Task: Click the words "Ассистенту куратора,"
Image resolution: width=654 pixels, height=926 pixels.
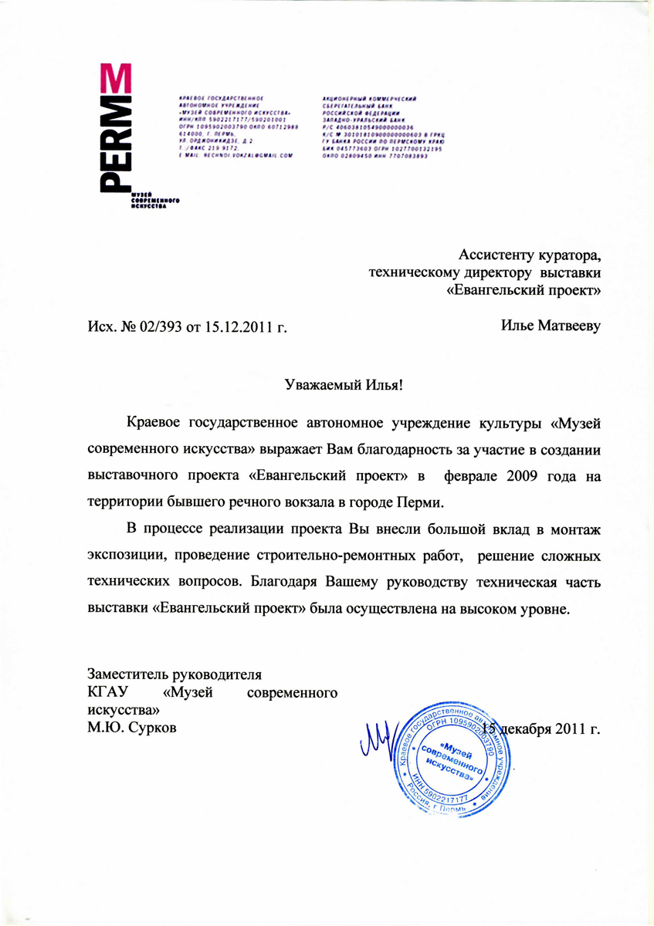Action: point(530,255)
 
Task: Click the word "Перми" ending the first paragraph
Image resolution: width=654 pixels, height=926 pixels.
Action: point(425,501)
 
